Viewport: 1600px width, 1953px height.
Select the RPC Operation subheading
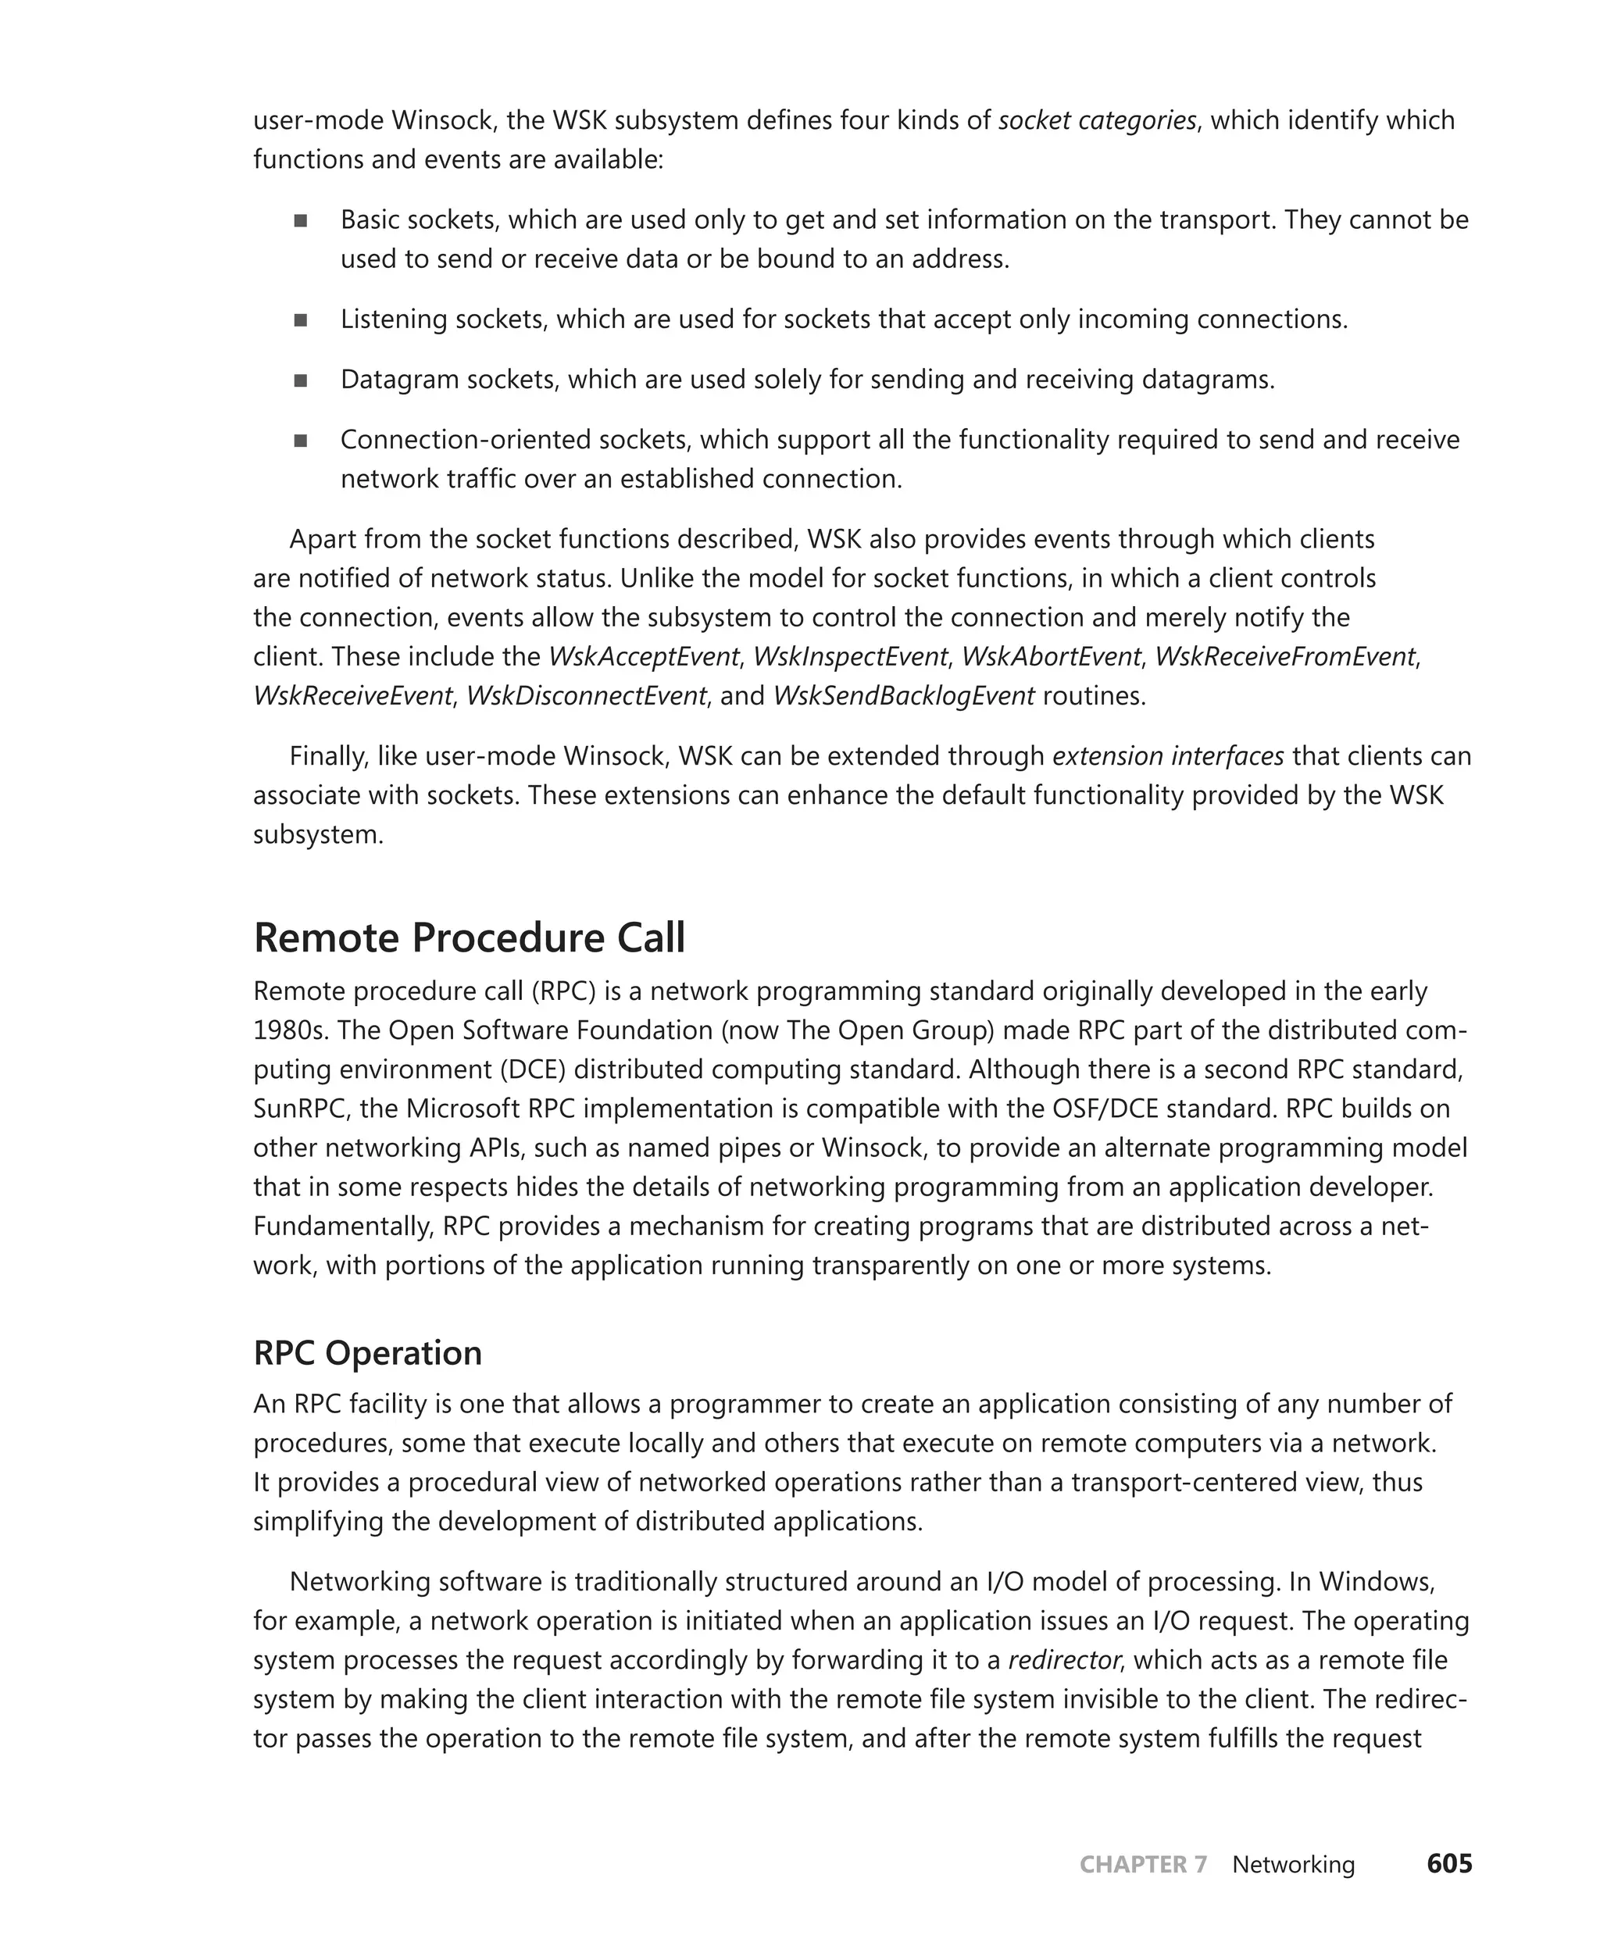tap(368, 1353)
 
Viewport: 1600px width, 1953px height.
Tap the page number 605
tap(1449, 1864)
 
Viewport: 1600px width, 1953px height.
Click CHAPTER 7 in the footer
tap(1143, 1865)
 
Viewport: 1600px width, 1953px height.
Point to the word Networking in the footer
tap(1293, 1865)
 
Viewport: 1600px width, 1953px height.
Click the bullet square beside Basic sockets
tap(301, 220)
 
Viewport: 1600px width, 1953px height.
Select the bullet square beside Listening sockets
tap(301, 320)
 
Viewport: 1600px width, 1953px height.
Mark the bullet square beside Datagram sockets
tap(301, 380)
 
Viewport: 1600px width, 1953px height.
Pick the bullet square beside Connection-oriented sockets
tap(301, 441)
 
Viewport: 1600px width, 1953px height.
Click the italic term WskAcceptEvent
tap(643, 656)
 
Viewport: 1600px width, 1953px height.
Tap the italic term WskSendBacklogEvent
tap(903, 696)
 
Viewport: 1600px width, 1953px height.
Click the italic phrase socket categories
tap(1097, 121)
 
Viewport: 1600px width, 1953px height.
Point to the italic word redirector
tap(1065, 1660)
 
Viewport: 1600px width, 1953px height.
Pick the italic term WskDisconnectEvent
tap(586, 696)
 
